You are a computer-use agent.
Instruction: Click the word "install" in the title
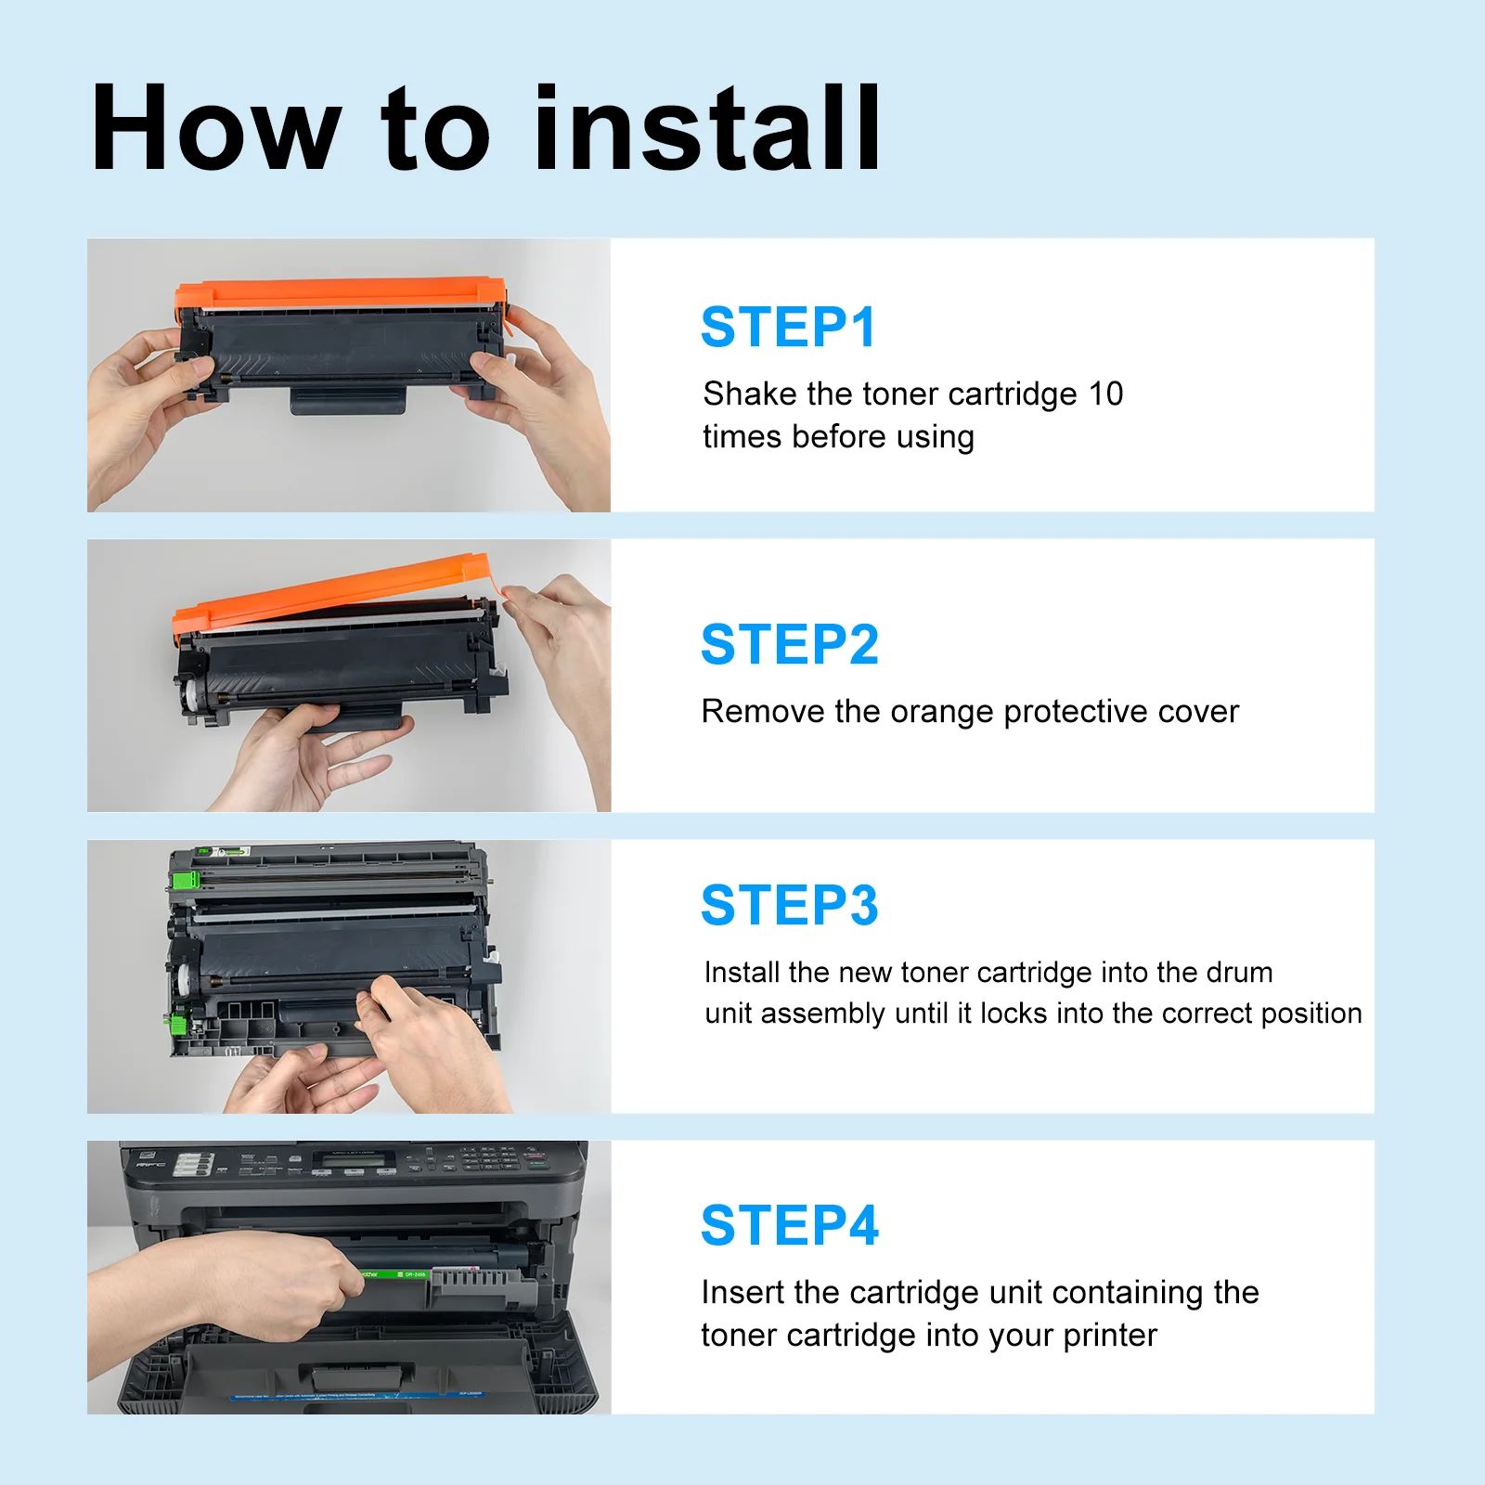[x=707, y=127]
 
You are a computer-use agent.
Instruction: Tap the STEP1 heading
[x=788, y=327]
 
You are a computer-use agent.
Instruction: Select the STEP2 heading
[x=790, y=644]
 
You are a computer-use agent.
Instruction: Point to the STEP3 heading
[x=790, y=905]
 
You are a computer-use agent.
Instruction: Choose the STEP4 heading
[x=790, y=1225]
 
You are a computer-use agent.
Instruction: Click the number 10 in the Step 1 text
[x=1105, y=394]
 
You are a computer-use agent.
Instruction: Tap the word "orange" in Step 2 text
[x=942, y=713]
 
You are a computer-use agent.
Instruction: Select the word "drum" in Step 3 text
[x=1239, y=972]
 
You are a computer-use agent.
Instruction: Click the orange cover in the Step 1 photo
[x=341, y=294]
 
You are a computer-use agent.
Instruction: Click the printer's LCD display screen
[x=353, y=1160]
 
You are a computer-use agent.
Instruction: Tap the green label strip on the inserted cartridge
[x=394, y=1274]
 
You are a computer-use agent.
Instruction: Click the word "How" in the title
[x=216, y=127]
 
